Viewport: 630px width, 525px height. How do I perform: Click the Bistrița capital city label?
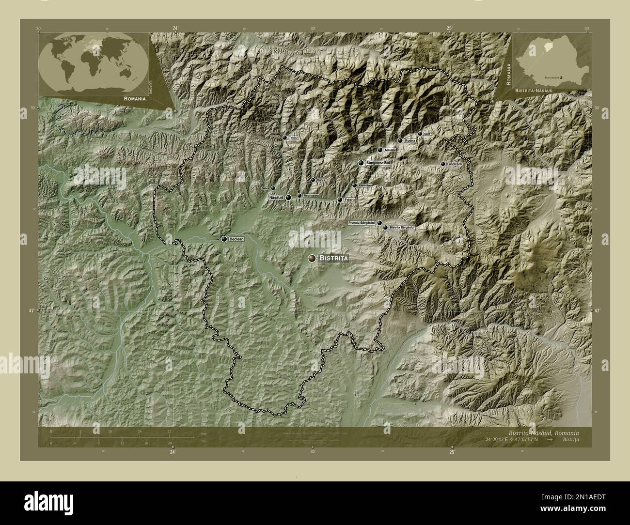(334, 259)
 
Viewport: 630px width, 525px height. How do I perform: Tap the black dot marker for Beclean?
(224, 239)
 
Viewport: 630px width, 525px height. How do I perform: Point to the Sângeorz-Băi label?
(378, 163)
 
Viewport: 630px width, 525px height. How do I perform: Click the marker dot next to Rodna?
(400, 140)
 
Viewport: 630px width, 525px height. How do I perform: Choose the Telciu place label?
(292, 138)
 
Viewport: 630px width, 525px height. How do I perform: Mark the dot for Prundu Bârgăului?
(379, 223)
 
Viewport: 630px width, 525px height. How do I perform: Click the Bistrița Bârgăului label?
(402, 227)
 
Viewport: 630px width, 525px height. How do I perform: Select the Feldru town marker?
(340, 200)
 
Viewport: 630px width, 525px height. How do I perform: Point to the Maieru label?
(390, 150)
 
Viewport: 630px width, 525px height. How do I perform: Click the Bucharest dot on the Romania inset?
(561, 77)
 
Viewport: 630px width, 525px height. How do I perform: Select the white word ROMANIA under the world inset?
(135, 98)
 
